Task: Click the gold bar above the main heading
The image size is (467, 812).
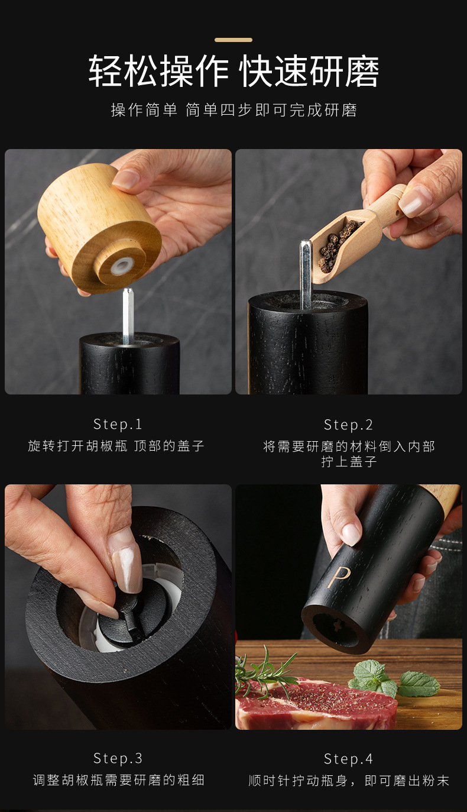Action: point(234,40)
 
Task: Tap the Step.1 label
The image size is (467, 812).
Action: point(118,424)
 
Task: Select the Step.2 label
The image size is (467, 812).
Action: point(348,425)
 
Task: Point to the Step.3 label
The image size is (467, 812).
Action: point(118,758)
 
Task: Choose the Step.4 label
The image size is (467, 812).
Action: point(348,759)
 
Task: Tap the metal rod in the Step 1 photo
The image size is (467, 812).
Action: point(128,316)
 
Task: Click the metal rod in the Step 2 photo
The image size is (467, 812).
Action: point(306,275)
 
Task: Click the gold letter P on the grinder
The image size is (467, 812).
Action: point(339,577)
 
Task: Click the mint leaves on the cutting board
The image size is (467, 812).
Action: point(395,678)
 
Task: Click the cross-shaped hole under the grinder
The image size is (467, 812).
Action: point(336,625)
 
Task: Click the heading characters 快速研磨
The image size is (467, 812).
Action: point(309,72)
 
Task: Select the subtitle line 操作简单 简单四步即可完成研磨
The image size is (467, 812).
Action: point(234,110)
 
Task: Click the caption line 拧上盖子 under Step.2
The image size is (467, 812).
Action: point(349,461)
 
